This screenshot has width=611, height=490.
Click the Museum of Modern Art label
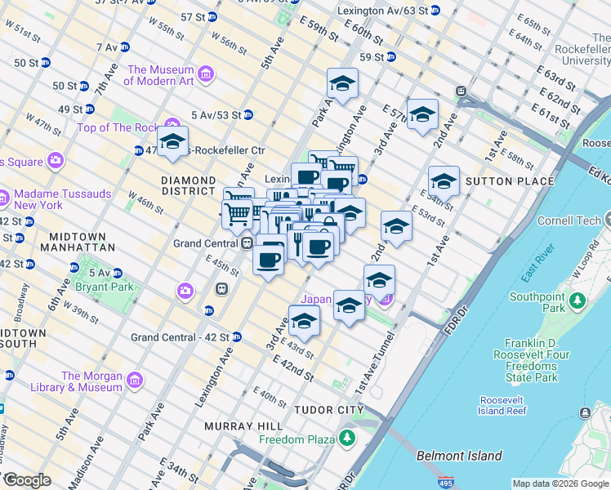coord(160,75)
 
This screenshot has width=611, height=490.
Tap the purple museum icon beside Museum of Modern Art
coord(206,75)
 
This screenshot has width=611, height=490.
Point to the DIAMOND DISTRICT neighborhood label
coord(188,185)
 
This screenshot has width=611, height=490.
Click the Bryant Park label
coord(103,287)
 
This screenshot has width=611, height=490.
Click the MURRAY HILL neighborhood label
coord(231,426)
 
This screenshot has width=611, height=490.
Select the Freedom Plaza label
coord(297,439)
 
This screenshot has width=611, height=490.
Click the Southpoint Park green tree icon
coord(578,300)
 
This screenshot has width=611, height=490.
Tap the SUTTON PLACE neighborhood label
coord(497,180)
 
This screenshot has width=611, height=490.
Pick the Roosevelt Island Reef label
coord(512,406)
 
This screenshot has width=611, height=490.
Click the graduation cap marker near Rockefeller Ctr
coord(172,143)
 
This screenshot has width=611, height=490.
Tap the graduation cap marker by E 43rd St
coord(304,321)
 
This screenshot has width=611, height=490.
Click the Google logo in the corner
coord(27,481)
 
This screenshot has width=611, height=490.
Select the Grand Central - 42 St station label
coord(180,336)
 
